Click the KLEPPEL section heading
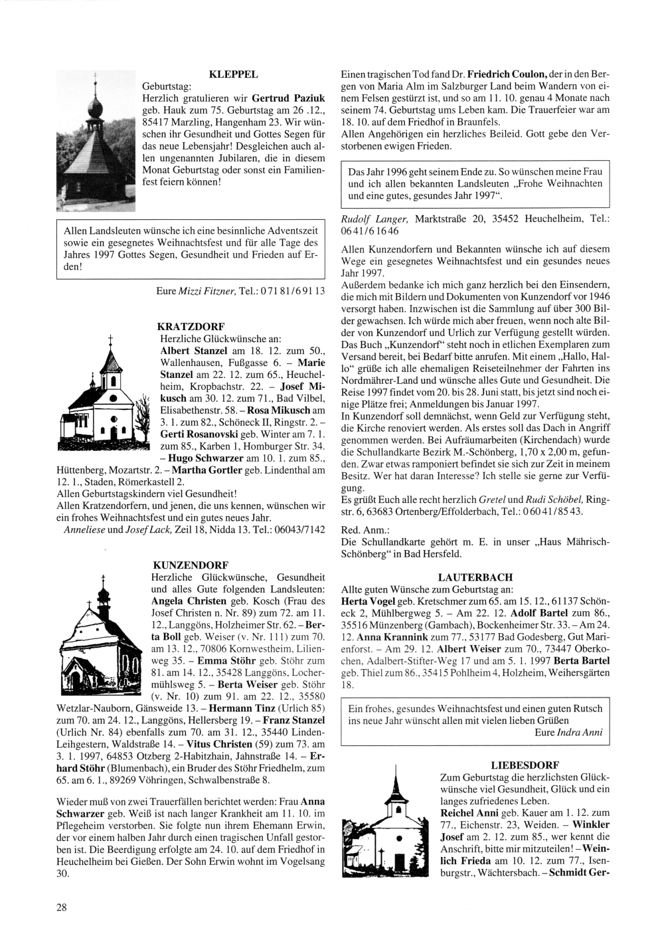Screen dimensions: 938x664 click(x=233, y=74)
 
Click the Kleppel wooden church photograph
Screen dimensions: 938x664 click(x=96, y=141)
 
